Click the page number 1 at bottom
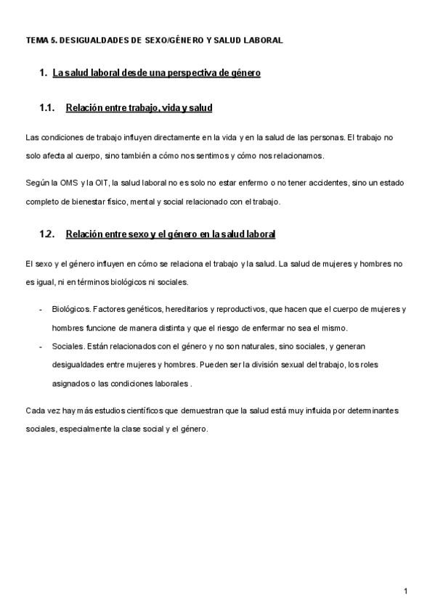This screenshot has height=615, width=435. click(x=405, y=591)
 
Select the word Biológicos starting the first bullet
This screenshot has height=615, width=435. click(x=70, y=308)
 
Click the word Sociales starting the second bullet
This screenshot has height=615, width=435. click(x=68, y=346)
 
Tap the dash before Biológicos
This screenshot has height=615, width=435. click(x=40, y=308)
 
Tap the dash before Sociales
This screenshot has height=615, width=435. click(x=40, y=346)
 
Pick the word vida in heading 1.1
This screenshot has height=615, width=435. click(x=168, y=108)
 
